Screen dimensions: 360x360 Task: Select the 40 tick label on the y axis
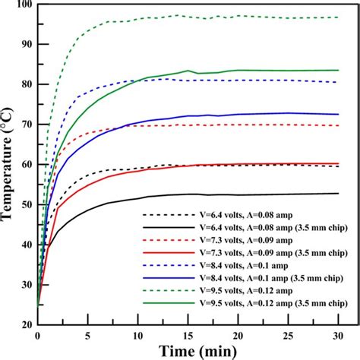26,245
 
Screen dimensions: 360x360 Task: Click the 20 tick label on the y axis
26,325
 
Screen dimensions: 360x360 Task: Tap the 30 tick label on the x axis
338,334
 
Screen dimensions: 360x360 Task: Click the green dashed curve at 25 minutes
288,17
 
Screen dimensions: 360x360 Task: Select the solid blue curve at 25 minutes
288,113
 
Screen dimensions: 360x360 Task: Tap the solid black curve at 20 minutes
238,194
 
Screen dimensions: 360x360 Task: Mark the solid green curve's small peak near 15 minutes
187,71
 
